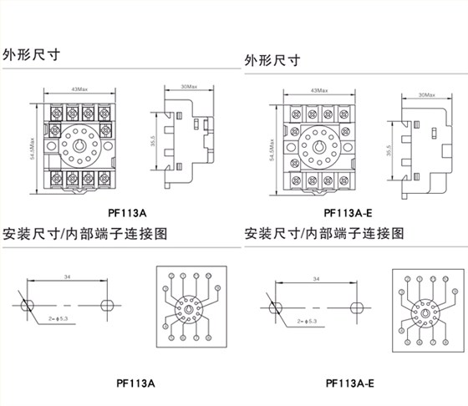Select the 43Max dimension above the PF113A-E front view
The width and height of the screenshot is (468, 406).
[318, 89]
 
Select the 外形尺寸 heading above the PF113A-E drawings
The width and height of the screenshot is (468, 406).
[273, 61]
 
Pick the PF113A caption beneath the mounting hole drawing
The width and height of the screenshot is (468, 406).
[135, 384]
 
